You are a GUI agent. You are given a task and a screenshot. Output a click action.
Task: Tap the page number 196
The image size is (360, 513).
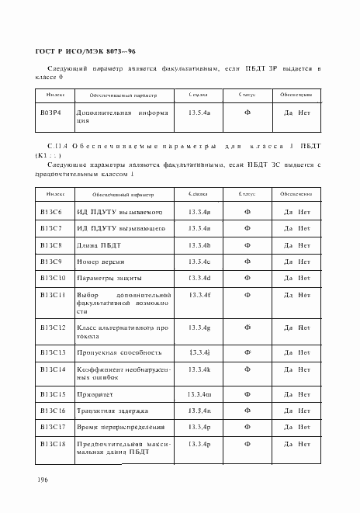43,479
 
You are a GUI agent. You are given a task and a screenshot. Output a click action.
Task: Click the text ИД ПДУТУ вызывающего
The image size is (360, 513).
119,228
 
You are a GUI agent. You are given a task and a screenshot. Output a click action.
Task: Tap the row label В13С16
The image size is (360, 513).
52,411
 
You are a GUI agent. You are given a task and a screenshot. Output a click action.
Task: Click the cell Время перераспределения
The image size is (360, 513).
120,427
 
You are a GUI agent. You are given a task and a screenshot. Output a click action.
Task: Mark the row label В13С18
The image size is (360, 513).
52,443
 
